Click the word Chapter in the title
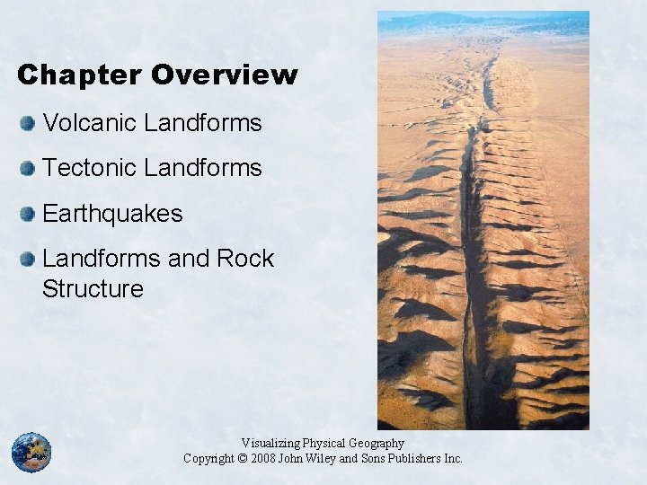click(80, 75)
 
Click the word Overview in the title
click(224, 75)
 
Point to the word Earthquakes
click(112, 214)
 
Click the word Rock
click(244, 260)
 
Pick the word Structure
click(93, 289)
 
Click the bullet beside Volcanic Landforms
click(29, 123)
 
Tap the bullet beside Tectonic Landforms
click(29, 168)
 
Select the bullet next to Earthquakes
click(29, 215)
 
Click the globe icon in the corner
click(31, 452)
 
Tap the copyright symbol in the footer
click(243, 459)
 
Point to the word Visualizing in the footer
click(271, 444)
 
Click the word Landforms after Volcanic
click(204, 122)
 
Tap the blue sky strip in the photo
click(483, 23)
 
